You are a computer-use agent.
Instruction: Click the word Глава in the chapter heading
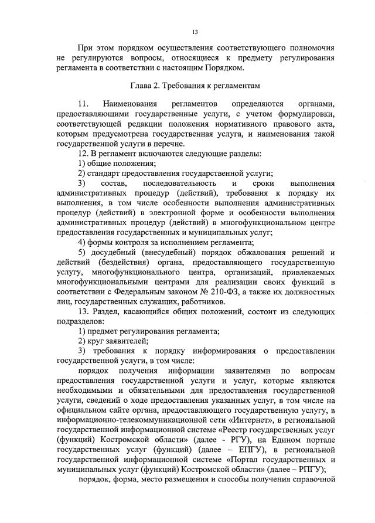pyautogui.click(x=144, y=85)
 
